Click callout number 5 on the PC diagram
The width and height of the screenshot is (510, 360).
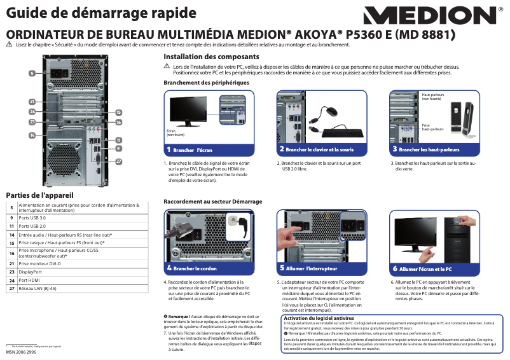(x=32, y=74)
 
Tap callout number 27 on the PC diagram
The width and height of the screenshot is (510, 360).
(x=118, y=162)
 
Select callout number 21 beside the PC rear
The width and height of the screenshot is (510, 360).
(x=32, y=102)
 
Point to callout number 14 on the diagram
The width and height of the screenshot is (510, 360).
(x=32, y=135)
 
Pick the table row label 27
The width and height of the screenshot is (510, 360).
(x=11, y=288)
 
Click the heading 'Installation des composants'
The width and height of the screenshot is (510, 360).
(x=202, y=57)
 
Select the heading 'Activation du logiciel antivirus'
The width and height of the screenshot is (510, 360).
(x=318, y=317)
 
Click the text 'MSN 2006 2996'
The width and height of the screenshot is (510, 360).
(x=22, y=352)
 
